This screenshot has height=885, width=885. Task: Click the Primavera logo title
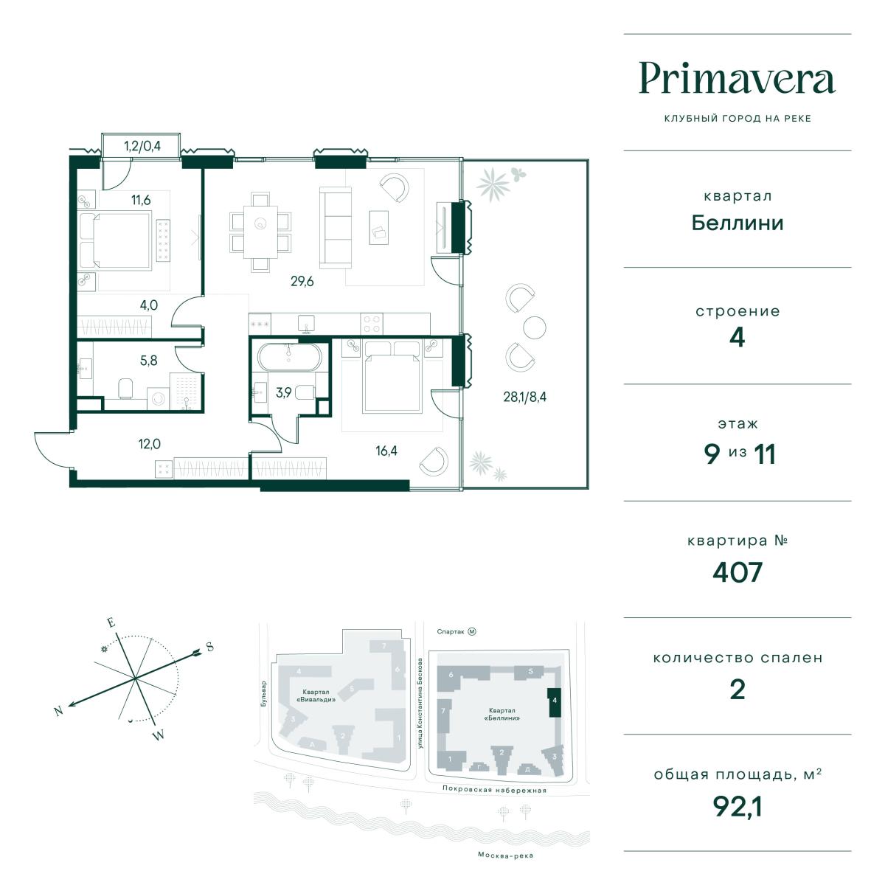pos(737,78)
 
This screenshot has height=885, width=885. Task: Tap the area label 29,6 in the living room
pos(302,281)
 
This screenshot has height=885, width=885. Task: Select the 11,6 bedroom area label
pos(141,200)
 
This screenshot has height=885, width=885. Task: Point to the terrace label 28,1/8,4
pos(524,397)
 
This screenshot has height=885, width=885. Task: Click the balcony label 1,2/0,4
pos(142,146)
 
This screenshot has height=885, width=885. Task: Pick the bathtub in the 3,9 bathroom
pos(289,357)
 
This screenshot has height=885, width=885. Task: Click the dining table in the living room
pos(260,232)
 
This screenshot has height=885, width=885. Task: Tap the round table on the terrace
pos(535,327)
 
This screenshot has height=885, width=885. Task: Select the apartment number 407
pos(737,572)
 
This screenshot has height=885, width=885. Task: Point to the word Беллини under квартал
pos(737,223)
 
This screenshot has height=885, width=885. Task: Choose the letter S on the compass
pos(210,647)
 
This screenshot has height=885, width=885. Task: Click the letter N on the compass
pos(58,712)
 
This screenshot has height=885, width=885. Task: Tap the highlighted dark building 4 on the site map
pos(555,702)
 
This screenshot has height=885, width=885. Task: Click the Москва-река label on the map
pos(505,855)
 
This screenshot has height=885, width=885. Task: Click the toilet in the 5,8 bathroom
pos(125,389)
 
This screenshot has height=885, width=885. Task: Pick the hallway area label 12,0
pos(149,444)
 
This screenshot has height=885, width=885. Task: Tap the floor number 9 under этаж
pos(712,454)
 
